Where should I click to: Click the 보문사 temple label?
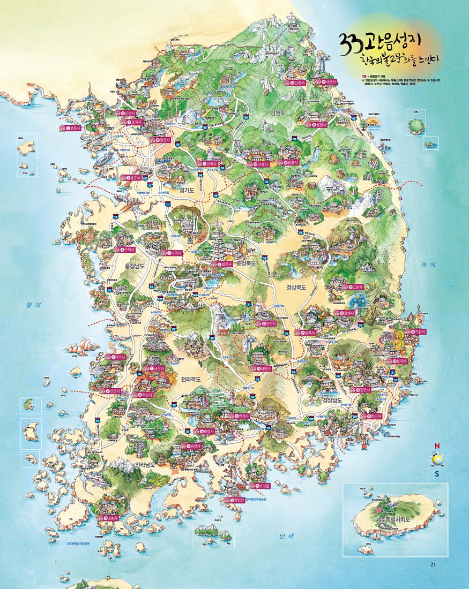click(x=70, y=128)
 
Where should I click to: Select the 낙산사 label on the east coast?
click(x=329, y=82)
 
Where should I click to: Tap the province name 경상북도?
click(x=296, y=287)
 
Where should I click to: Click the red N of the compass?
click(x=437, y=446)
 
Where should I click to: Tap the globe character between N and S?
click(x=437, y=459)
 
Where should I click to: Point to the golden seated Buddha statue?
click(x=399, y=339)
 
